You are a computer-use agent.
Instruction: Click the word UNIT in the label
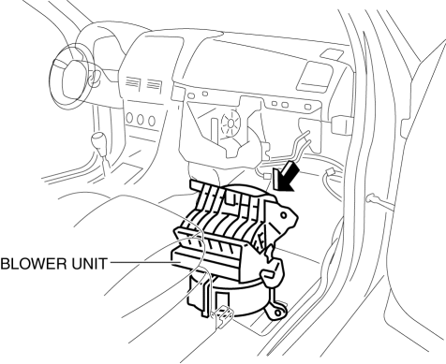click(90, 264)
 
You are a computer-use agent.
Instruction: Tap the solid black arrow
click(285, 176)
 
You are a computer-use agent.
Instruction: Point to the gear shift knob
click(98, 140)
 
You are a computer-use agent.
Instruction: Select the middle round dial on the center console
click(140, 119)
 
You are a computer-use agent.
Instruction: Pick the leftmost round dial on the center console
click(129, 118)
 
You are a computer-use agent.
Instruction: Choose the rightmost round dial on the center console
click(152, 121)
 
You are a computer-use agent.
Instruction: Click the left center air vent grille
click(132, 82)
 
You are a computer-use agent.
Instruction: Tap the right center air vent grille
click(154, 83)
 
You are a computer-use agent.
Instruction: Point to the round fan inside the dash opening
click(230, 123)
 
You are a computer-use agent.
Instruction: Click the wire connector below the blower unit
click(222, 316)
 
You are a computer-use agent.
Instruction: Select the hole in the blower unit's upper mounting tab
click(284, 215)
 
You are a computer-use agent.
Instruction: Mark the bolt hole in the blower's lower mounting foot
click(277, 313)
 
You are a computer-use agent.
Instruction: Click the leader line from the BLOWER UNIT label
click(141, 262)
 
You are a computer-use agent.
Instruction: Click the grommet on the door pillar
click(371, 198)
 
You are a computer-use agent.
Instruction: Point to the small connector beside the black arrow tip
click(267, 176)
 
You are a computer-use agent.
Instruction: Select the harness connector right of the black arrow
click(331, 173)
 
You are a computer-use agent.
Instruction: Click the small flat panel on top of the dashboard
click(332, 53)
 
